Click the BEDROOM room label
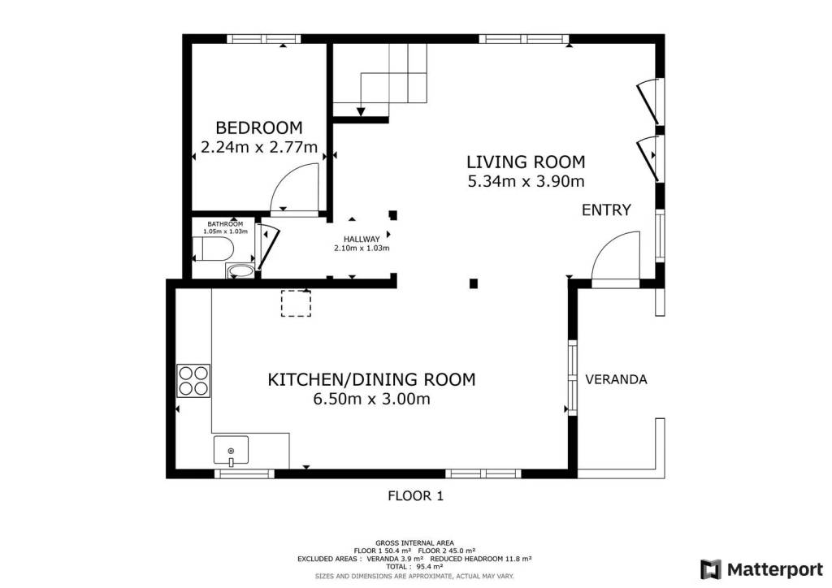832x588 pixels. (x=259, y=128)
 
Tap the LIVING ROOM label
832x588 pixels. (x=526, y=162)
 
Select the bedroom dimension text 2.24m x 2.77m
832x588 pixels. (x=259, y=147)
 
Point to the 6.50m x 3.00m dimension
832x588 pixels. (x=371, y=398)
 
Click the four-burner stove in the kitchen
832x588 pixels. (x=193, y=381)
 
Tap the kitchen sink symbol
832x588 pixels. (x=231, y=450)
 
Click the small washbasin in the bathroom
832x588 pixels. (x=240, y=271)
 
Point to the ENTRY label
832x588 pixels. (x=606, y=210)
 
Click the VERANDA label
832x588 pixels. (x=616, y=379)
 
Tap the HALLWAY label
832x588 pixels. (x=362, y=239)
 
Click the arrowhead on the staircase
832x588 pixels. (x=361, y=112)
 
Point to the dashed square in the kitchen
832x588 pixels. (x=296, y=304)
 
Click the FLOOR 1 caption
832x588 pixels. (x=415, y=496)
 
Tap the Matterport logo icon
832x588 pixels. (x=710, y=569)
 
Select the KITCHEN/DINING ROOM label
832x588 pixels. (x=371, y=379)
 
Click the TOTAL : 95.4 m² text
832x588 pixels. (x=414, y=566)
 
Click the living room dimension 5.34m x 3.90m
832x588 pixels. (x=526, y=181)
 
